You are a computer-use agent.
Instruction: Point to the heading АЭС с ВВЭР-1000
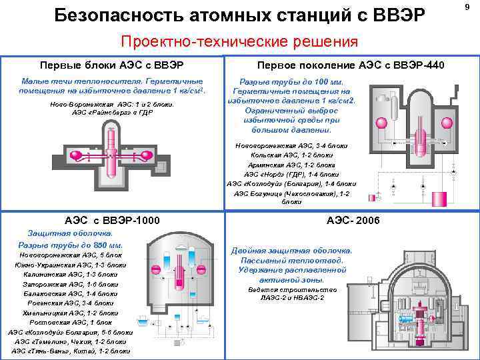[x=111, y=220]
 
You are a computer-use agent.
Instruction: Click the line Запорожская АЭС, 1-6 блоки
[x=71, y=283]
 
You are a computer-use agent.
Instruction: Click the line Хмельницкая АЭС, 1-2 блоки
[x=71, y=312]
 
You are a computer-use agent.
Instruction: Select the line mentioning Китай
[x=71, y=350]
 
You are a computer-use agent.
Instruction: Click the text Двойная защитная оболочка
[x=292, y=251]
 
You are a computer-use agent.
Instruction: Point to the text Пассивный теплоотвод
[x=292, y=260]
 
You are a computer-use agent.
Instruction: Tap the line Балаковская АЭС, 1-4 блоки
[x=71, y=293]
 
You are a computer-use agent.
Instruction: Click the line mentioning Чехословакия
[x=288, y=193]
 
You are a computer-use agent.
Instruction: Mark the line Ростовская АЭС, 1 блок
[x=71, y=321]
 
